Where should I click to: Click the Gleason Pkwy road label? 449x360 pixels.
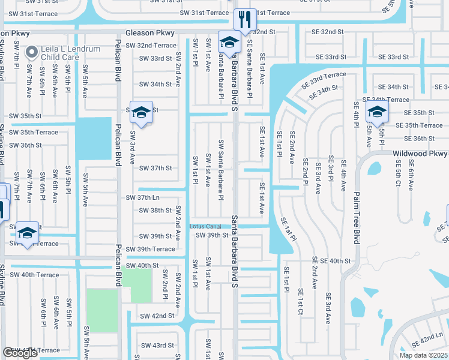point(150,33)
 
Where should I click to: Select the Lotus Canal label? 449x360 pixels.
point(206,226)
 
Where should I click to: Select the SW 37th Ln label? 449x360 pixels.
point(142,197)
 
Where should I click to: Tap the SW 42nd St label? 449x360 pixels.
point(157,316)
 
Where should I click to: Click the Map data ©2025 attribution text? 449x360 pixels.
point(423,355)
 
